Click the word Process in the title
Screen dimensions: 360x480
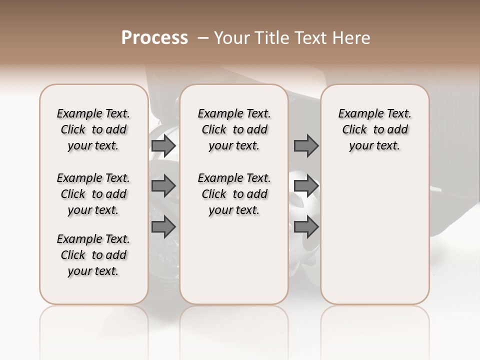(x=154, y=38)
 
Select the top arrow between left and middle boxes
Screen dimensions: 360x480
(x=163, y=145)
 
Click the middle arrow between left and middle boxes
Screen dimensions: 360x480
(x=163, y=186)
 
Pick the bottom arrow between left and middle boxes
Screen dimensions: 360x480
(x=163, y=227)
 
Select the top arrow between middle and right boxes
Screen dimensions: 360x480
(x=306, y=145)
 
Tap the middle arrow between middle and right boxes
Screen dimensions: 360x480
(x=306, y=186)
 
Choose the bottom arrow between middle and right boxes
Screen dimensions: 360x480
(x=306, y=227)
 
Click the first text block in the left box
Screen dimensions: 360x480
(x=93, y=129)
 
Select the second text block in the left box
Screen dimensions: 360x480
(x=93, y=194)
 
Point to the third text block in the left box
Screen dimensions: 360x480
(x=93, y=255)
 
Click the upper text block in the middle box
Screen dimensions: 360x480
(x=234, y=129)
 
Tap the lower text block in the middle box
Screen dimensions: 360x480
(x=234, y=194)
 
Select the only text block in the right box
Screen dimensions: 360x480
(x=375, y=129)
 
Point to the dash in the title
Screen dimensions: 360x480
(x=202, y=38)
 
